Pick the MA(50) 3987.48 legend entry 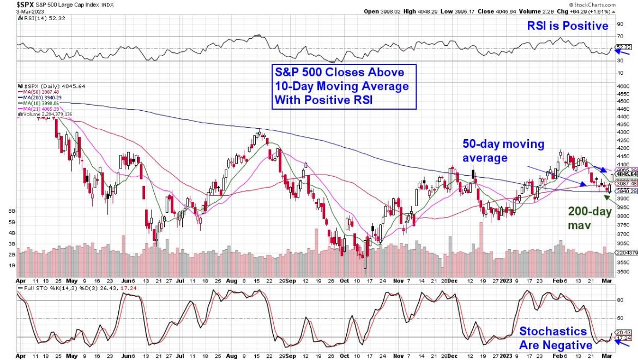40,92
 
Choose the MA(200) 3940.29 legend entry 42,98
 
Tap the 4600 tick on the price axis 623,86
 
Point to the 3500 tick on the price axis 623,271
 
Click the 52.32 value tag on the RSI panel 623,47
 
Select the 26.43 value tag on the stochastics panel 623,332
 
